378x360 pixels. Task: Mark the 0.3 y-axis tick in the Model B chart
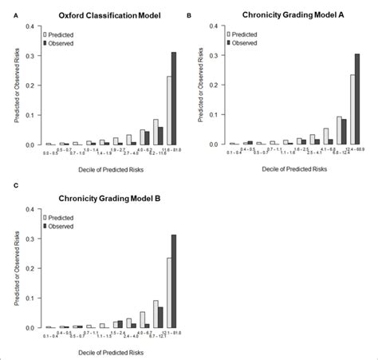point(30,239)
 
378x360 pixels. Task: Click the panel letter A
point(6,15)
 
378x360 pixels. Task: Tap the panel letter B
point(189,15)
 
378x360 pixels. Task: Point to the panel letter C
point(6,185)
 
